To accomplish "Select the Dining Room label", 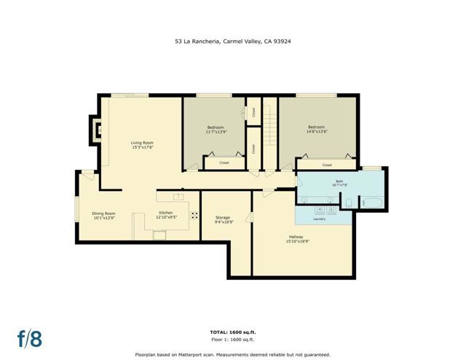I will click(x=103, y=214).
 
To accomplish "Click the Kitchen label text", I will click(x=166, y=214).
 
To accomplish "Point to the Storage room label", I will click(x=223, y=218).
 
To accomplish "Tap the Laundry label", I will click(x=319, y=219).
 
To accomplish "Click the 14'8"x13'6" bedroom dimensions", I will click(x=317, y=132).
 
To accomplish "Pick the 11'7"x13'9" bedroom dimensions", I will click(x=216, y=132).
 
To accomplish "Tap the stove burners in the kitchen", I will click(x=194, y=215).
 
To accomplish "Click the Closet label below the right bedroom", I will click(x=327, y=165).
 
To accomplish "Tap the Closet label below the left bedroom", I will click(x=224, y=163).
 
